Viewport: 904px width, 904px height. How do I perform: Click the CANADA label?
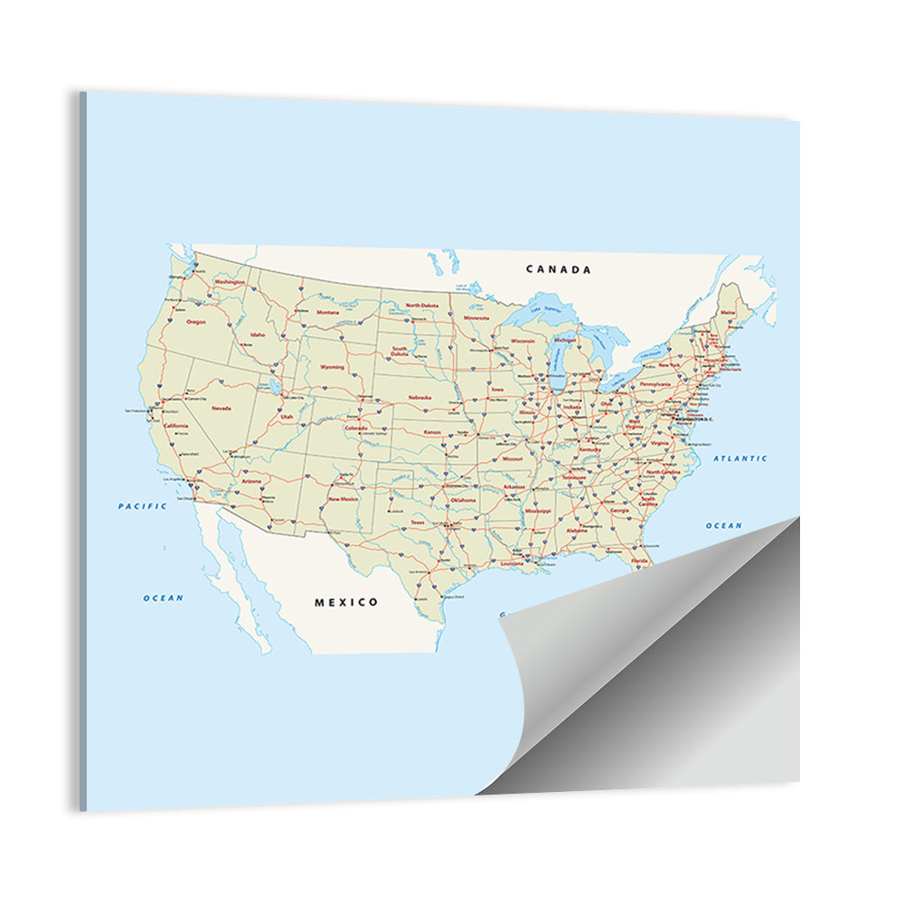[559, 269]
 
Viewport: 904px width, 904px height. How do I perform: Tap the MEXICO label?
[346, 602]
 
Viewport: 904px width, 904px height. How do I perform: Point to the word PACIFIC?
[143, 506]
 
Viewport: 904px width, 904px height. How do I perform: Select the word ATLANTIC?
[740, 459]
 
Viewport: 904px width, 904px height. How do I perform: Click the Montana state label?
[327, 313]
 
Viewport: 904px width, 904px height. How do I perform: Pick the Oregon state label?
[196, 322]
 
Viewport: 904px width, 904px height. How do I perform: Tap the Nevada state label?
[221, 408]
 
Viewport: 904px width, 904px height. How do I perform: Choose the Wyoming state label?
[332, 367]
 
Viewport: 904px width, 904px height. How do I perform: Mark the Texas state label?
[417, 523]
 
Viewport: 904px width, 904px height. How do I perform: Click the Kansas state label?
[433, 432]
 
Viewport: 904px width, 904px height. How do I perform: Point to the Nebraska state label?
[419, 397]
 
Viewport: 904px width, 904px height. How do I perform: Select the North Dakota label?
[421, 306]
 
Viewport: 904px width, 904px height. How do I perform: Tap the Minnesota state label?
[476, 318]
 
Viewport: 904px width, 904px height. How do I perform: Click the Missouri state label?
[513, 459]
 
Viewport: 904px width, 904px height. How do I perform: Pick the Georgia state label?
[619, 511]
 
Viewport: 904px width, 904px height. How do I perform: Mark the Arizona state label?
[252, 482]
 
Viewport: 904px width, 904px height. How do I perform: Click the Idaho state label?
[258, 334]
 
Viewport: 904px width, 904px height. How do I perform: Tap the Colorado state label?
[355, 428]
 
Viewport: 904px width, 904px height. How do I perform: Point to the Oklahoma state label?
[462, 500]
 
